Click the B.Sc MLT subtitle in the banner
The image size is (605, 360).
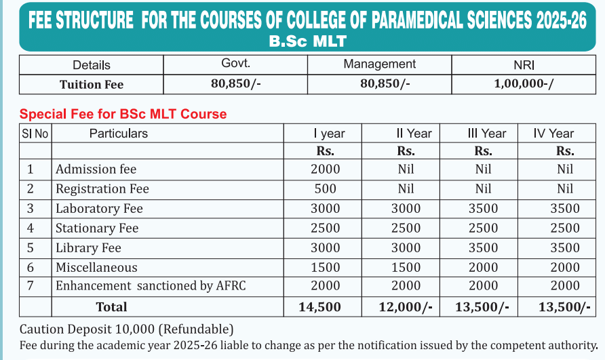307,41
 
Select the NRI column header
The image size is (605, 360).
524,65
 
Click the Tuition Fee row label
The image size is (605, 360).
92,85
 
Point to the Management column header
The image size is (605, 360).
379,64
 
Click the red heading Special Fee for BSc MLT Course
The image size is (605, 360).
123,114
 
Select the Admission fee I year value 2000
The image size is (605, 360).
325,169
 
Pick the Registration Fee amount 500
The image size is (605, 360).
325,189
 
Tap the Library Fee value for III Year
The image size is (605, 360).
483,247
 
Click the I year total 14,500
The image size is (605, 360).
319,307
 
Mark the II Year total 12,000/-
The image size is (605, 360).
406,307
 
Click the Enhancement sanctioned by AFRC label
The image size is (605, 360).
151,286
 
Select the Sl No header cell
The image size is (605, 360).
35,134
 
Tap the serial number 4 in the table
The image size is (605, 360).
31,228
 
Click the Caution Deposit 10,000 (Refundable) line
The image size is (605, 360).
127,329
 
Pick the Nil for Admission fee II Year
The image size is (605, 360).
406,169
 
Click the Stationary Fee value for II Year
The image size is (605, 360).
406,228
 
